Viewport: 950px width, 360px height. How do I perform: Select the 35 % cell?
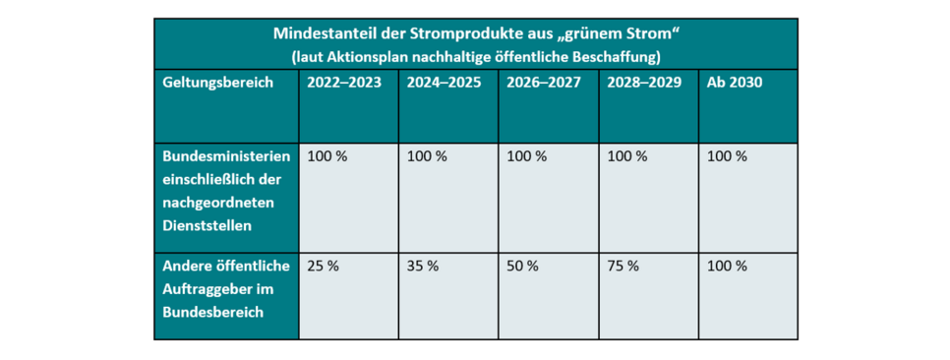(423, 266)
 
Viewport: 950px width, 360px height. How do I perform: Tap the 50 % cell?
(523, 266)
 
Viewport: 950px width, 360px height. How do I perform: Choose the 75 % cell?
(623, 266)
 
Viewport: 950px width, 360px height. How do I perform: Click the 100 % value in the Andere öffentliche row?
(727, 266)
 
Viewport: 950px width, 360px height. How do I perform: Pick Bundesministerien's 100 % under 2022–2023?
(327, 156)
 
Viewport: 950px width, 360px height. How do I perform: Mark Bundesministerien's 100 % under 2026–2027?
(528, 156)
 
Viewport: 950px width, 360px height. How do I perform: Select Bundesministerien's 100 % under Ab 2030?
(727, 156)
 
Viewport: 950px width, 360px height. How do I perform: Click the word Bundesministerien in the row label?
(226, 156)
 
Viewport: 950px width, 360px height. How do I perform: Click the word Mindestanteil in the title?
(325, 32)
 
